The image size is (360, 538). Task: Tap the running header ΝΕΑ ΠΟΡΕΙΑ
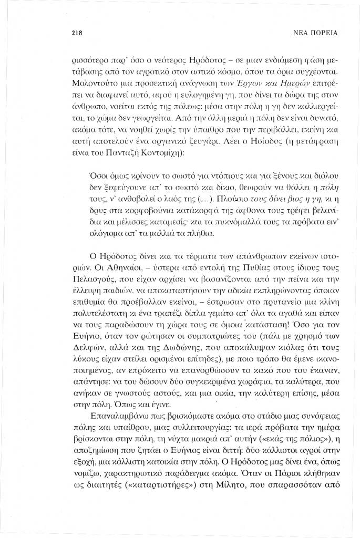(314, 33)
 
